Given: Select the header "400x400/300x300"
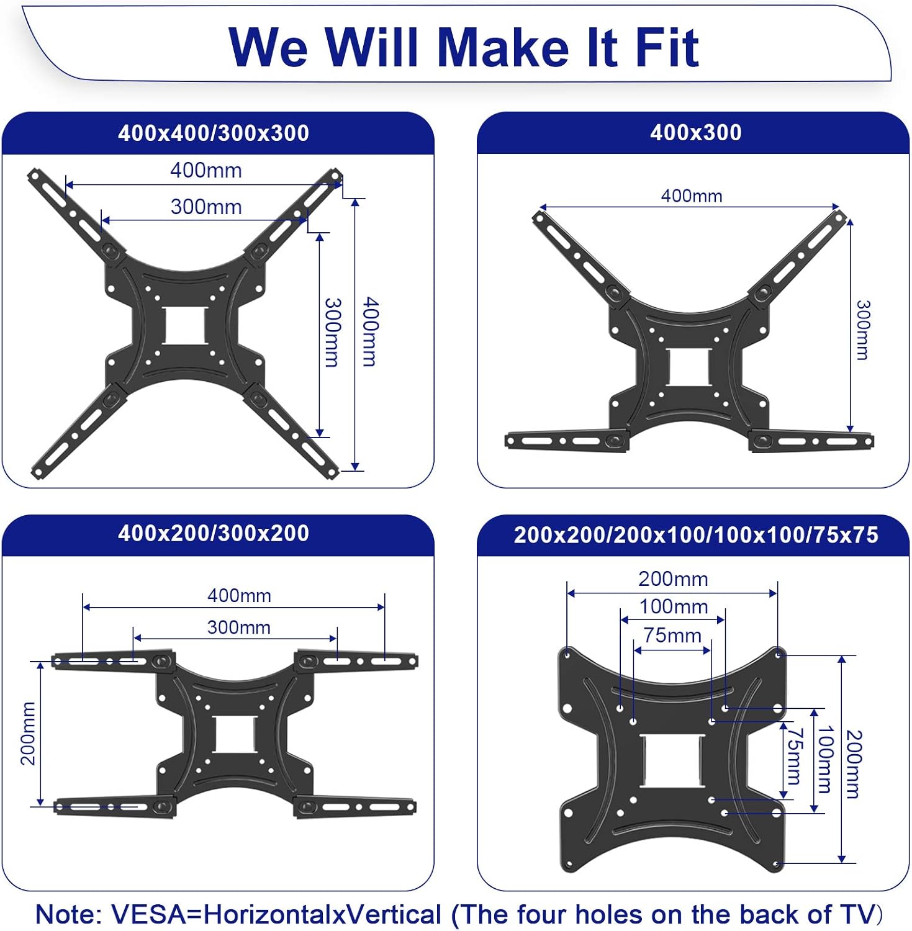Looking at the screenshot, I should pos(214,133).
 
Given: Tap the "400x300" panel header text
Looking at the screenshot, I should pos(695,132).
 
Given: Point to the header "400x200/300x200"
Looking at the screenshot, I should pos(214,533).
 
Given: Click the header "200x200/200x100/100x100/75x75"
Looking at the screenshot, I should pos(696,535).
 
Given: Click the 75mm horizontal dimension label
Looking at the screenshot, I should pos(672,636).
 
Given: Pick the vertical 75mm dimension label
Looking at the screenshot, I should pos(794,756).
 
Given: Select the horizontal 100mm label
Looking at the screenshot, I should pos(674,606).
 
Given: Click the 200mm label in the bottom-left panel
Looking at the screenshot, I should pos(29,733).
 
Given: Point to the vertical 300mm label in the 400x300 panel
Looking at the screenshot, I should pos(862,330).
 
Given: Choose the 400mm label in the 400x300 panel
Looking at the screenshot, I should pos(692,196).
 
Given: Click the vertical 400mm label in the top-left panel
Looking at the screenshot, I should pos(370,331).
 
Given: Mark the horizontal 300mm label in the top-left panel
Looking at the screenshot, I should pos(206,207).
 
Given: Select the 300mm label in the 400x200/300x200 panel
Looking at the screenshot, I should pos(238,627).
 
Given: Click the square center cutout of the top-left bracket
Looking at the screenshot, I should pos(185,325).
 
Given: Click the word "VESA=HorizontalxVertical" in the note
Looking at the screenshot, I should pos(276,914).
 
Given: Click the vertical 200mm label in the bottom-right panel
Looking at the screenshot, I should pos(854,763).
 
